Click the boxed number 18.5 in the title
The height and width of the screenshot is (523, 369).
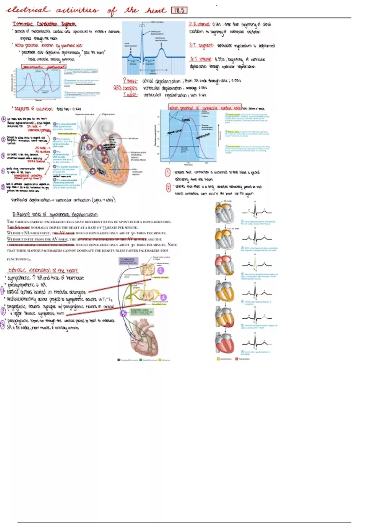pyautogui.click(x=179, y=10)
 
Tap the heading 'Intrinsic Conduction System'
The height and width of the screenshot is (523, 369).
pyautogui.click(x=44, y=24)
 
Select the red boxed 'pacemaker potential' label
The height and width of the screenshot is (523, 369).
pyautogui.click(x=44, y=67)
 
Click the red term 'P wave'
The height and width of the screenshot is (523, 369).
pyautogui.click(x=130, y=81)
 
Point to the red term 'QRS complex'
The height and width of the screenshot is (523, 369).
pyautogui.click(x=125, y=88)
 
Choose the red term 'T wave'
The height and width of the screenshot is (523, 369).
pyautogui.click(x=130, y=95)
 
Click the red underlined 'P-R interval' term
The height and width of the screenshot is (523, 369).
pyautogui.click(x=199, y=24)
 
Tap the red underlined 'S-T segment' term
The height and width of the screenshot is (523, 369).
pyautogui.click(x=201, y=46)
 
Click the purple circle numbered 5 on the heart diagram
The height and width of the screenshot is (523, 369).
pyautogui.click(x=93, y=171)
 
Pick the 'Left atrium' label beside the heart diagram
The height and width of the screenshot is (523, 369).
pyautogui.click(x=133, y=138)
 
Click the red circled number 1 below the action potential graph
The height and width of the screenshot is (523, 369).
pyautogui.click(x=168, y=172)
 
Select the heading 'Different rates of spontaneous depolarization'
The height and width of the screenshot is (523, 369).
pyautogui.click(x=55, y=214)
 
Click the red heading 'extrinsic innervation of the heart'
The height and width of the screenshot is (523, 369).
pyautogui.click(x=43, y=270)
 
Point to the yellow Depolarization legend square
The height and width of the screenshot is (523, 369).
pyautogui.click(x=219, y=359)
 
